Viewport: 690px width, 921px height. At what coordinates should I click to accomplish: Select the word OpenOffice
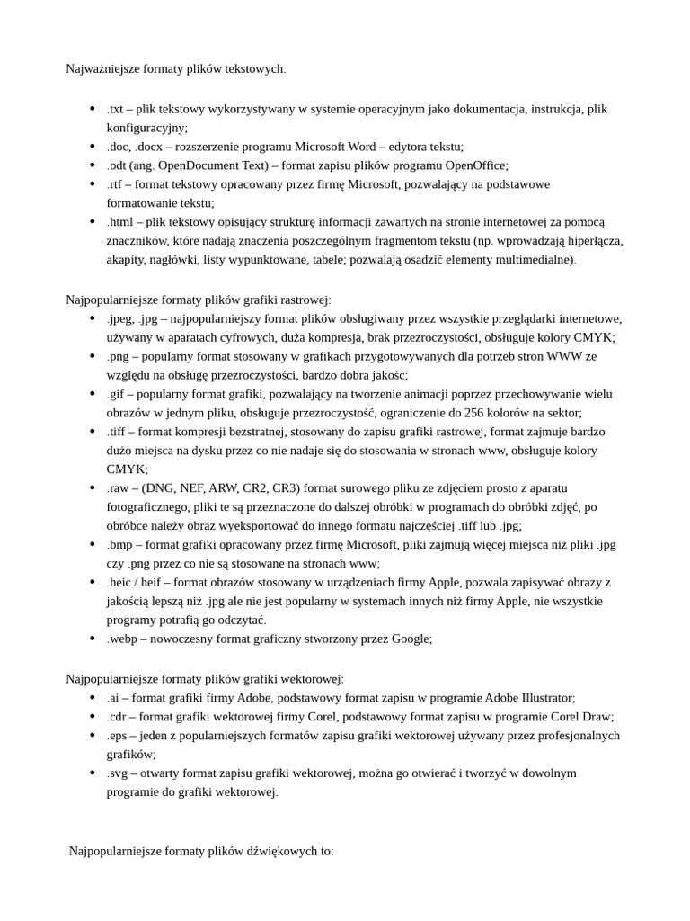point(475,165)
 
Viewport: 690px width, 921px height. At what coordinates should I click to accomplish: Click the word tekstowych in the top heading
point(255,68)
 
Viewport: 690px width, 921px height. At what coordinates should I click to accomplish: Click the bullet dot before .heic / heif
point(93,582)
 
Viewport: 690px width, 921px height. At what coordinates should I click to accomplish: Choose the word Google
point(411,639)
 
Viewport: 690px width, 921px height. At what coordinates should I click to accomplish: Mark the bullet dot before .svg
point(93,773)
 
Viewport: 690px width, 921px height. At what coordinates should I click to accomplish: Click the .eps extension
point(118,736)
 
